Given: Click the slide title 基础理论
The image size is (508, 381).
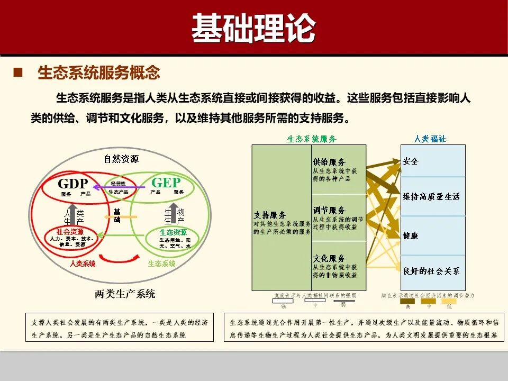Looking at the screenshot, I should point(253,28).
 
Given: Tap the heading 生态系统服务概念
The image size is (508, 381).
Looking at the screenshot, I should point(98,72).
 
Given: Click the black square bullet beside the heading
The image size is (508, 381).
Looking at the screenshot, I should point(19,72).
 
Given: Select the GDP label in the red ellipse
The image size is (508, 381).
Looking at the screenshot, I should point(72,184).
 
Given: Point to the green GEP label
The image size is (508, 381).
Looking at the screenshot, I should point(166,183).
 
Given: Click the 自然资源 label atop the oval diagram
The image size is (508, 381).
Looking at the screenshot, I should point(121,158).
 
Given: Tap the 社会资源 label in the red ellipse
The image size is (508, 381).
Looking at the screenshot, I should point(70,232).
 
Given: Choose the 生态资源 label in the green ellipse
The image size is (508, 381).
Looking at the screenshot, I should point(174,232).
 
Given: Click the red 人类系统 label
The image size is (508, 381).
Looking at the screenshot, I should point(83,263).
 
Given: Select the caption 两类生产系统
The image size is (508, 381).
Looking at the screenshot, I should point(125,294).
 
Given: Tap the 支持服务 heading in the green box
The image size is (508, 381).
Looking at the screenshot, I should point(270,215).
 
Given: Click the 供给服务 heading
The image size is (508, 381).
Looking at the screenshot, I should point(329,162).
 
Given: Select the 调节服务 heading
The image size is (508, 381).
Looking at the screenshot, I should point(329,211).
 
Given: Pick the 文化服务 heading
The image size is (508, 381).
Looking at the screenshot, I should point(329,258).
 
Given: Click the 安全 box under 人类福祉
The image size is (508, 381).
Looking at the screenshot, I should point(411,161).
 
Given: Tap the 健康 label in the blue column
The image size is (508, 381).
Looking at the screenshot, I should point(411,235).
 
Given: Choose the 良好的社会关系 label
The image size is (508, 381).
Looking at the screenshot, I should point(431,271).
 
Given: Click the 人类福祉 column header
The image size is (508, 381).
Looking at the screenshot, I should point(430,139).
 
